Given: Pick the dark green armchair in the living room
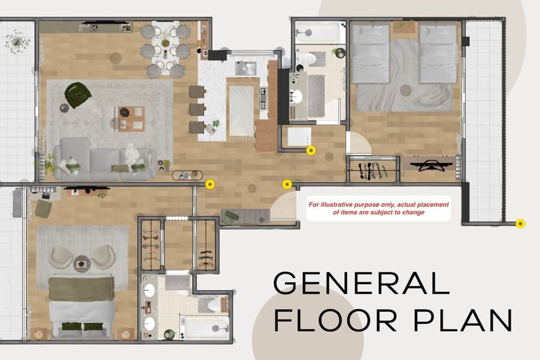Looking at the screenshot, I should pos(77,94).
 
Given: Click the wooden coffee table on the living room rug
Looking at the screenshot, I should pos(131,118).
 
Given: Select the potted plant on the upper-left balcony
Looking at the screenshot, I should pos(17,40).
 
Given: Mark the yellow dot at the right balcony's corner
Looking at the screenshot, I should pos(520,224).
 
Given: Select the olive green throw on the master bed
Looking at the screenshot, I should pos(81,288).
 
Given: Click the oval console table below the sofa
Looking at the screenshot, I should pos(187,175).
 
